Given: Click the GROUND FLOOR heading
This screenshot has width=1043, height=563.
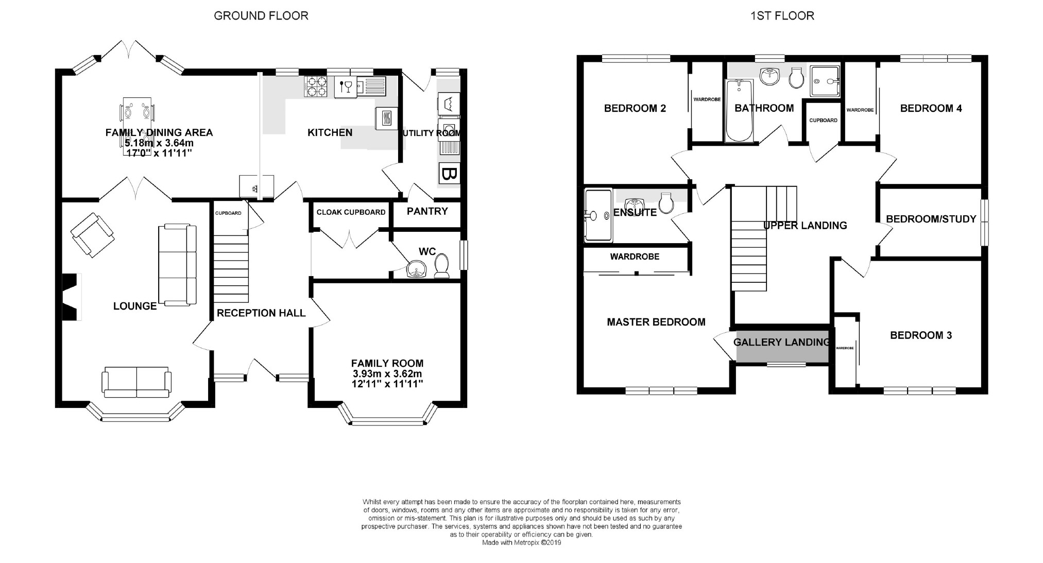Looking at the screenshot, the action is click(x=261, y=16).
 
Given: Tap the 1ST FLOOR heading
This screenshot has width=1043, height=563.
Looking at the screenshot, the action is click(x=782, y=16).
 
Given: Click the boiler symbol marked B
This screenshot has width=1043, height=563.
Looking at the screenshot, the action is click(x=449, y=174).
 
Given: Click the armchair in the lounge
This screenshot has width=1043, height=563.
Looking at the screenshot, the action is click(x=93, y=235).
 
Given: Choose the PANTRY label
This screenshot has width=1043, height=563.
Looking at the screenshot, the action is click(x=427, y=211).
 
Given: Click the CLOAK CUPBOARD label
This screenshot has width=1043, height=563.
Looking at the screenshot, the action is click(x=351, y=212).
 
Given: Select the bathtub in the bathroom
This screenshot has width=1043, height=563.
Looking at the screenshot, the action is click(x=739, y=111).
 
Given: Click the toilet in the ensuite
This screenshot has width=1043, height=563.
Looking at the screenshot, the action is click(x=666, y=203).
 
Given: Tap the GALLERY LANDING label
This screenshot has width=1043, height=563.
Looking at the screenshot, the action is click(x=781, y=342).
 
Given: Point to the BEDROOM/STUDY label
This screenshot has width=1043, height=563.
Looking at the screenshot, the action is click(x=931, y=219).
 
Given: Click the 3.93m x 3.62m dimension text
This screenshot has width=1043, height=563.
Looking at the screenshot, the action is click(x=387, y=374).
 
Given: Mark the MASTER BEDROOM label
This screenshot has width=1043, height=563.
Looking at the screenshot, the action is click(x=656, y=322).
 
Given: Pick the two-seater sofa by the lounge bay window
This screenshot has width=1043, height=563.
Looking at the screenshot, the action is click(x=136, y=382).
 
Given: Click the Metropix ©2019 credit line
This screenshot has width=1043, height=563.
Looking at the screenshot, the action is click(x=521, y=542).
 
